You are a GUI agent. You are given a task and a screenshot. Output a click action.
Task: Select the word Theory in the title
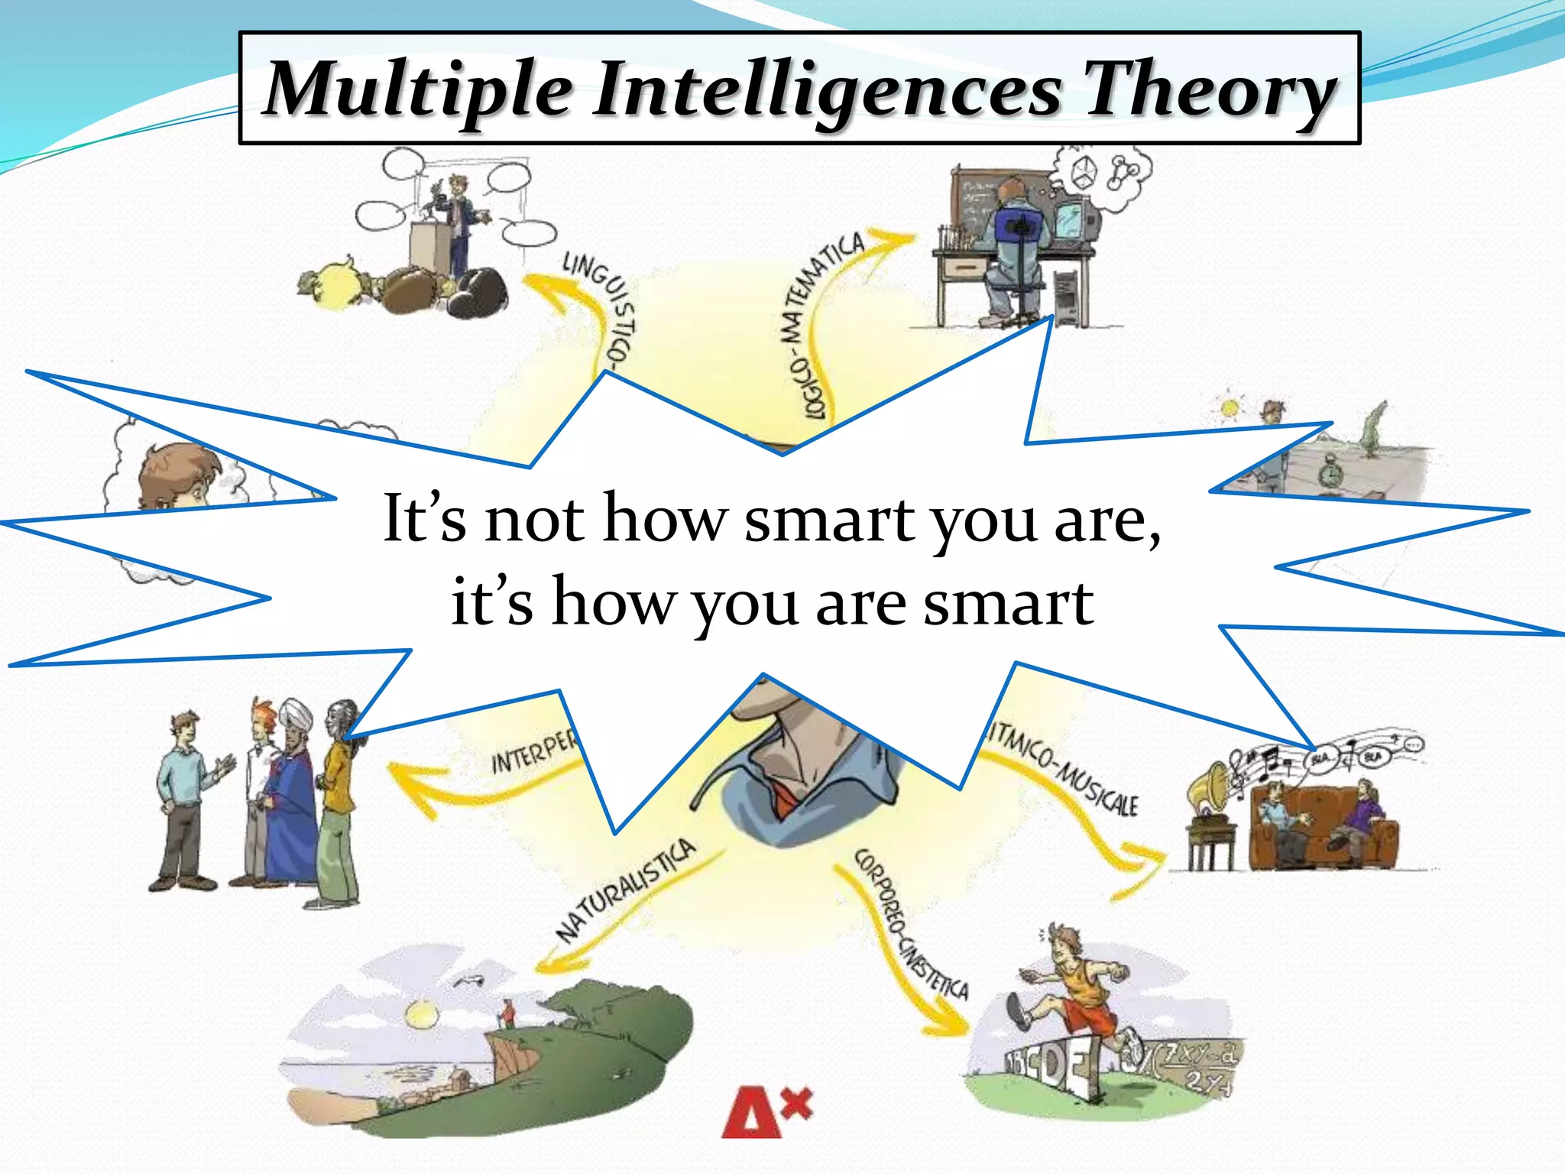[x=1210, y=90]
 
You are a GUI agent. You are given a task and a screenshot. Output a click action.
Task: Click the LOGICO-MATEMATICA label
[x=825, y=321]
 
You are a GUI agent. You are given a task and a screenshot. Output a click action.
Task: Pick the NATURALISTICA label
[x=627, y=890]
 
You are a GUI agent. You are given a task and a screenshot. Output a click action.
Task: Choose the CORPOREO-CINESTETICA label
[x=909, y=925]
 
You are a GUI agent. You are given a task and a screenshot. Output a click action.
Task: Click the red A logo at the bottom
[x=753, y=1112]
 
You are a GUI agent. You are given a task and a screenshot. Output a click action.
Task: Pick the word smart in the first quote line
[x=829, y=520]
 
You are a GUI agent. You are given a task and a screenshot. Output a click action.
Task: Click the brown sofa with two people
[x=1322, y=829]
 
